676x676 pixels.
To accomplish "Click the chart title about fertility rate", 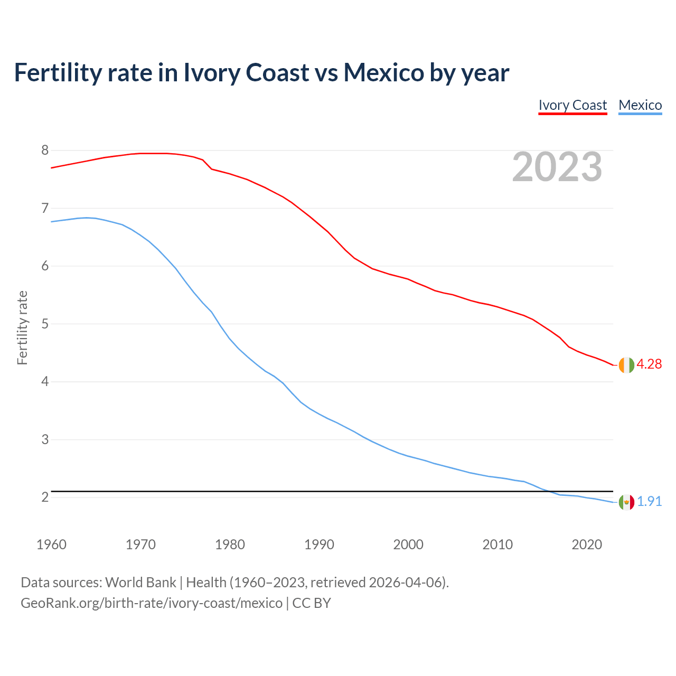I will (261, 73).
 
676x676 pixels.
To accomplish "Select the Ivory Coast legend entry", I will (572, 105).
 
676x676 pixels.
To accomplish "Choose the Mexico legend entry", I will (640, 105).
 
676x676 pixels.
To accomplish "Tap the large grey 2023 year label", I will (557, 167).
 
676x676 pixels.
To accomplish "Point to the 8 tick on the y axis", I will (45, 151).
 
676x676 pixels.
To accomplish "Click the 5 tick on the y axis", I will (45, 324).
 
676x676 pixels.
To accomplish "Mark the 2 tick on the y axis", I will (45, 497).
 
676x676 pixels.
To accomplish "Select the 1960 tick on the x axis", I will (51, 544).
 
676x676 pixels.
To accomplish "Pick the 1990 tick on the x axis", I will (319, 544).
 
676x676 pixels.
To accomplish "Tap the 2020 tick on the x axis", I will (587, 544).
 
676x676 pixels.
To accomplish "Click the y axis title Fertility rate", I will (22, 327).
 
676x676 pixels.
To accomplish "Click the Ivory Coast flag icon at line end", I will (626, 365).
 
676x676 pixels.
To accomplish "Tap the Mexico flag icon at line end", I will (626, 502).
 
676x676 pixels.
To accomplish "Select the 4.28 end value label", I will (649, 364).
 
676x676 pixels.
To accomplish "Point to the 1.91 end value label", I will (650, 501).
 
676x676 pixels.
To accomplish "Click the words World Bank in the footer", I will (140, 583).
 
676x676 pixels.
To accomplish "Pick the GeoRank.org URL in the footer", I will (152, 603).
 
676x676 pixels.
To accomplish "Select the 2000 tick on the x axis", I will (408, 544).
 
